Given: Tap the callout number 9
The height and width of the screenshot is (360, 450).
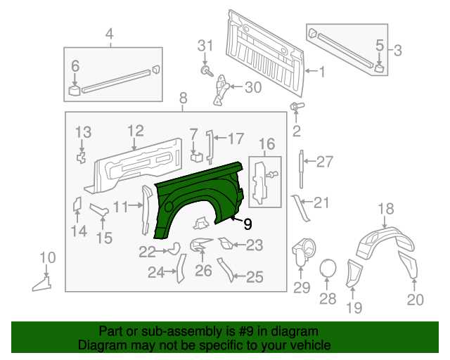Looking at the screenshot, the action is tap(247, 224).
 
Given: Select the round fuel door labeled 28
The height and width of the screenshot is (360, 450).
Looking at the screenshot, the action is tap(328, 269).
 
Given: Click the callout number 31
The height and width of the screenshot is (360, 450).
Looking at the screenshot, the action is tap(205, 46).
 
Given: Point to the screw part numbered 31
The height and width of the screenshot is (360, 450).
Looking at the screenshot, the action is tap(207, 71).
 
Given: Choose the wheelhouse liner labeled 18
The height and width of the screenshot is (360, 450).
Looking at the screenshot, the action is tap(385, 243).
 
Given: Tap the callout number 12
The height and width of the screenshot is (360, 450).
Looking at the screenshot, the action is tap(136, 131).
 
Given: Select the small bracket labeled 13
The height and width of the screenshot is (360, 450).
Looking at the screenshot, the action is tap(82, 157).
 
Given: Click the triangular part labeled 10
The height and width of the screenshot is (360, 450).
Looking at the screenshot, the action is tap(43, 283).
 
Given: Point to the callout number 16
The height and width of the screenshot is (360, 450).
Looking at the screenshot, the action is tap(267, 144).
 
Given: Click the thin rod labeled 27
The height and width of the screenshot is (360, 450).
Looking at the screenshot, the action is tap(301, 169).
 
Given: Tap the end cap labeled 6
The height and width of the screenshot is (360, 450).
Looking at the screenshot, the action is tap(75, 90).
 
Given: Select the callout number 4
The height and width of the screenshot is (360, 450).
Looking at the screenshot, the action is tap(110, 34).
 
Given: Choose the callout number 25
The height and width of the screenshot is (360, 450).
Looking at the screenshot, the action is tap(255, 277).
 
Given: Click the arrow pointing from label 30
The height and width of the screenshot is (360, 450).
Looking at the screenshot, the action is tap(237, 86).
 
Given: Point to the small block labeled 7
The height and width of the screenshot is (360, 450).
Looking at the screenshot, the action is tap(197, 157).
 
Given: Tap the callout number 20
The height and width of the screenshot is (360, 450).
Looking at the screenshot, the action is tap(416, 300).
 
